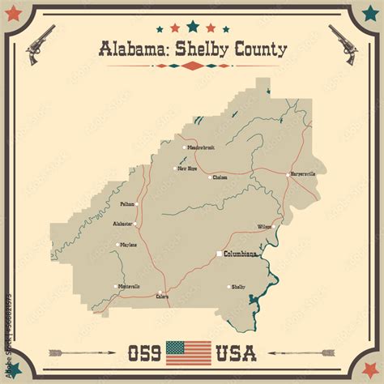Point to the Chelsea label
[x=220, y=177]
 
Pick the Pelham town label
[x=127, y=204]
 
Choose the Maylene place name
[x=128, y=244]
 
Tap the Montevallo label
[x=128, y=286]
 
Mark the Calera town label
[x=162, y=297]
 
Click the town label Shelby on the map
[x=238, y=287]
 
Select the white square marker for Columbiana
[x=218, y=254]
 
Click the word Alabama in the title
[x=130, y=49]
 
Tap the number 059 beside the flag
[x=144, y=353]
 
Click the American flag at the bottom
[x=188, y=353]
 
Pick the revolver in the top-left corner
[x=40, y=43]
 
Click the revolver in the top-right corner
[x=343, y=43]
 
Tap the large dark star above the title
[x=192, y=26]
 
